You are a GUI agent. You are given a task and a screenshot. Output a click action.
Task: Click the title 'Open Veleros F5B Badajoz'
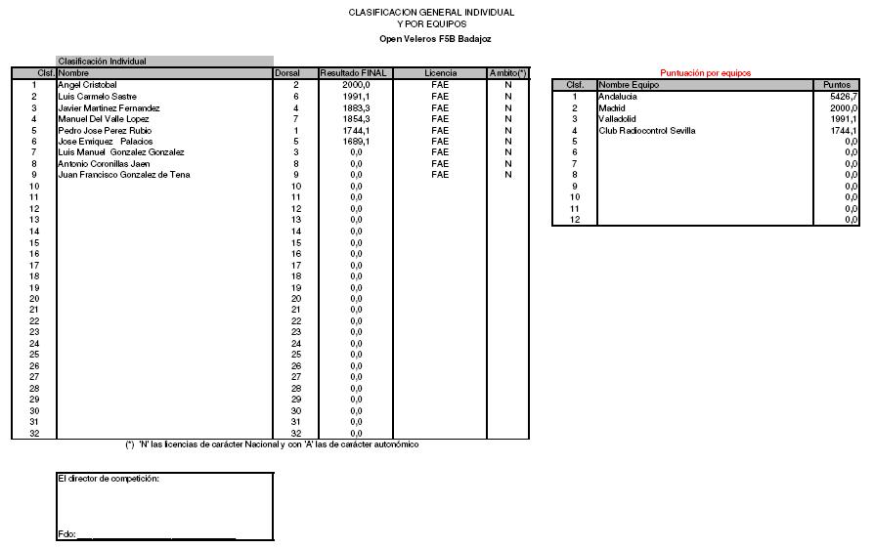coord(435,39)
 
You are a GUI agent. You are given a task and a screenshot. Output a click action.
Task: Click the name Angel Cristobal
coord(87,85)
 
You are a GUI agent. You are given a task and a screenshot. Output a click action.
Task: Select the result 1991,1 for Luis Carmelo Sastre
coord(356,97)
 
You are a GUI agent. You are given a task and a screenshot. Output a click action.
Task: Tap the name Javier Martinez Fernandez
coord(109,107)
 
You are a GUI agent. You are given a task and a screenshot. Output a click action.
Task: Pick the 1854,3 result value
coord(356,119)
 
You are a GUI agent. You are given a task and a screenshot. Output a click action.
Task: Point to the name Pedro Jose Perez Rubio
coord(105,130)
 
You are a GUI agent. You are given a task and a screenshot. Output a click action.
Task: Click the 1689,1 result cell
coord(356,142)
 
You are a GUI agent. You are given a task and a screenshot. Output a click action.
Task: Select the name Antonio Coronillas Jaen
coord(104,163)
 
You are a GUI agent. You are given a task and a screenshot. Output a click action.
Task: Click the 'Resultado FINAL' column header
coord(354,73)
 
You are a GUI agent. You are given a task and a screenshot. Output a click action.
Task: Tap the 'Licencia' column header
coord(440,73)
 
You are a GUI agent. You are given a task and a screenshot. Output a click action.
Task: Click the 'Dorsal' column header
coord(287,73)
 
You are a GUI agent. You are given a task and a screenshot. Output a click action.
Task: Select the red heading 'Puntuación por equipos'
coord(705,73)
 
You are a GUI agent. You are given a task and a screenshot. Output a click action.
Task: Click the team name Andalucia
coord(617,97)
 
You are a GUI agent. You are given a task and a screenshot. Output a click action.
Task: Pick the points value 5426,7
coord(843,97)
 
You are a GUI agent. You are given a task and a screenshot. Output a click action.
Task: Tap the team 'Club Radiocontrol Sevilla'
coord(646,130)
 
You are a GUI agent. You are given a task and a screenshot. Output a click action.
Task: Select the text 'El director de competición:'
coord(109,479)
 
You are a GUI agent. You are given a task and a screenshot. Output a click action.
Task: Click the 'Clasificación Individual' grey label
coord(102,62)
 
